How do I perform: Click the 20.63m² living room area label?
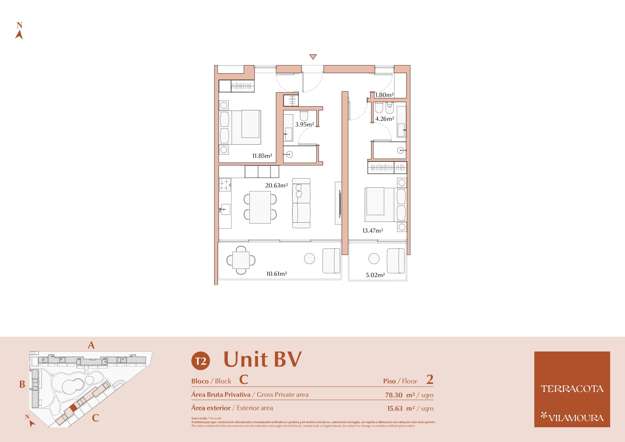coord(276,185)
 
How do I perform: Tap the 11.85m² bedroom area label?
coord(262,156)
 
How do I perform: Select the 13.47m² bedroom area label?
coord(373,231)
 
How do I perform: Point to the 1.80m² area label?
coord(384,95)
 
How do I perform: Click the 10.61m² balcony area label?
coord(277,274)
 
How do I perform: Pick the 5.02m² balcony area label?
coord(375,275)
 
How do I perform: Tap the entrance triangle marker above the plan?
coord(313,57)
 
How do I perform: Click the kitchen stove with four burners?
coord(225,185)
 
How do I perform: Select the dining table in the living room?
coord(260,207)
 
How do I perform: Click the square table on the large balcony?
coord(241,260)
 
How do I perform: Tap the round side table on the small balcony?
coord(374,258)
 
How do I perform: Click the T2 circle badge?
coord(201,361)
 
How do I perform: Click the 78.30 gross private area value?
coord(394,395)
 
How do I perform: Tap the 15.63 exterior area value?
coord(395,409)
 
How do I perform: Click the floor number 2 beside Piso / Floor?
coord(430,380)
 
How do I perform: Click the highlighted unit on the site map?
coord(73,408)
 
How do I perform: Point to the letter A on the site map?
coord(91,345)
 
